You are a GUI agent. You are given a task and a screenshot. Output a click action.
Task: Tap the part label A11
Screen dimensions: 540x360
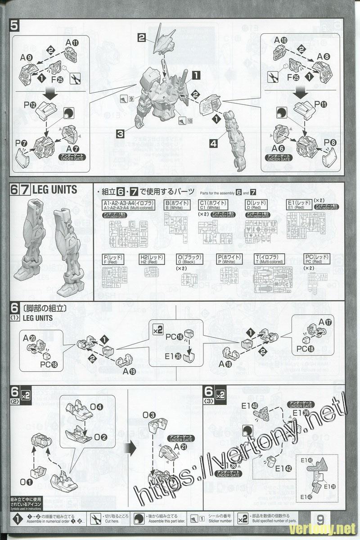72,43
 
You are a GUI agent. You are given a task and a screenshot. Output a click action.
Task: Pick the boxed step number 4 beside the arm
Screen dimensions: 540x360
214,144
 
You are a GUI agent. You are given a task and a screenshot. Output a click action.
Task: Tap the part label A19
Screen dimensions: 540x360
130,371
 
